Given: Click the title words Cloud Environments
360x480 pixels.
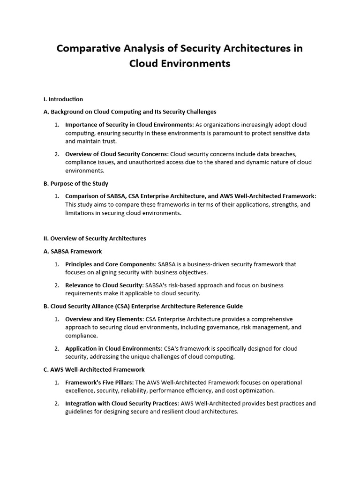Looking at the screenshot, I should pos(180,64).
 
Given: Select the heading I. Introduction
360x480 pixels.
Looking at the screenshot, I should pos(63,99).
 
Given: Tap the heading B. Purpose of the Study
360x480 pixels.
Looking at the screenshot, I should pos(75,183).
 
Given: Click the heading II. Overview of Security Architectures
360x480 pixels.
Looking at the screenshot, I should pos(95,239).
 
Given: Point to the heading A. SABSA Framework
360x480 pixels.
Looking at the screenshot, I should pos(73,251).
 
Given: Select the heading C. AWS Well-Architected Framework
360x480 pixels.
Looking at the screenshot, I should pos(94,370).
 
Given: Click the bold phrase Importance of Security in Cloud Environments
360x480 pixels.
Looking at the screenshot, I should pos(129,125).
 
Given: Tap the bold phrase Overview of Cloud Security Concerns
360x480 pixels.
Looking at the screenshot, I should pos(117,154).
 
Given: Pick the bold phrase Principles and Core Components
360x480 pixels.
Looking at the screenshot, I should pos(110,264).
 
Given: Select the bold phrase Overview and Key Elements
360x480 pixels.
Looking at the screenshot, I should pos(105,319).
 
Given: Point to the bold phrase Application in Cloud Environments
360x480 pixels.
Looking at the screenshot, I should pos(113,349).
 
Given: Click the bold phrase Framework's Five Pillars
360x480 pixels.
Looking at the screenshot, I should pos(99,382).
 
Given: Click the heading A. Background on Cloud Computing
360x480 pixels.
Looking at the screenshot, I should pos(130,112).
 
